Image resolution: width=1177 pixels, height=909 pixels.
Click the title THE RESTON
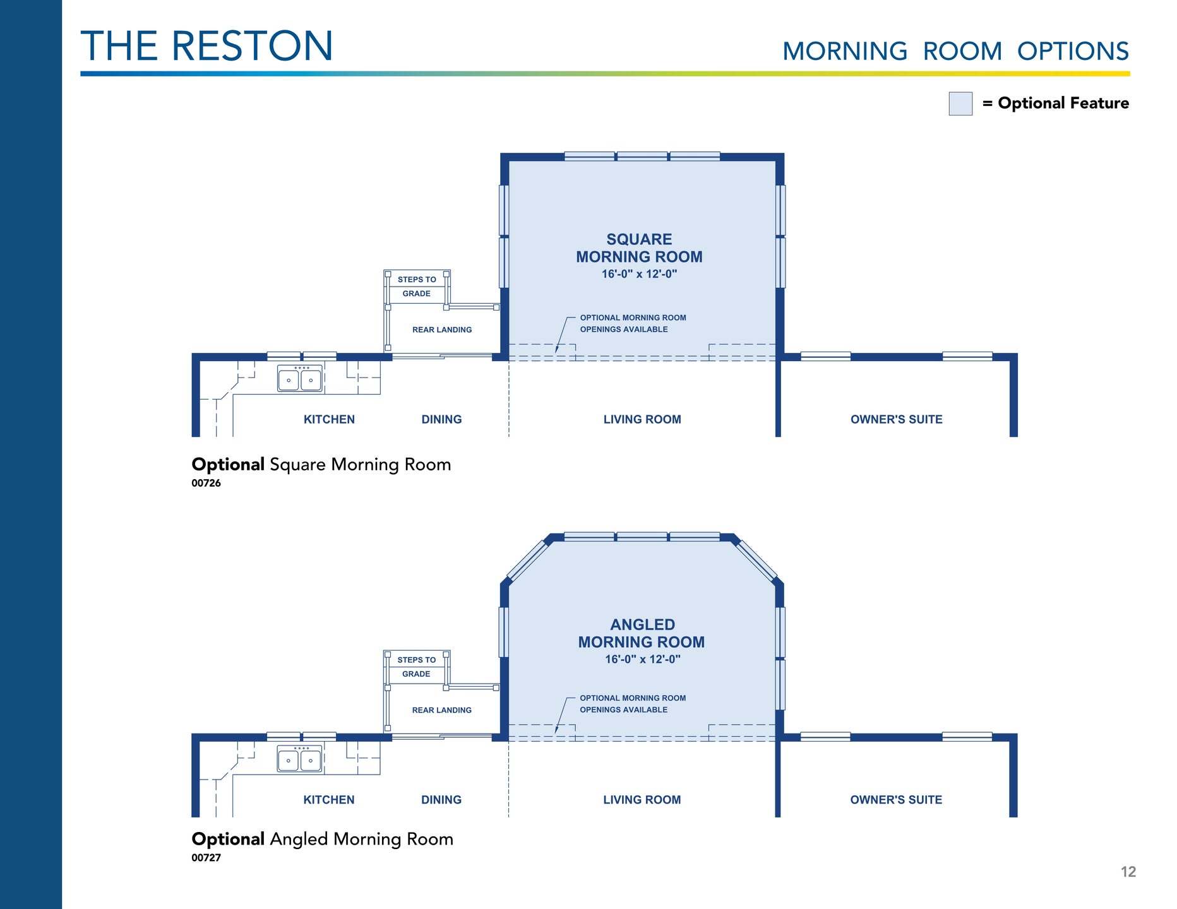206,46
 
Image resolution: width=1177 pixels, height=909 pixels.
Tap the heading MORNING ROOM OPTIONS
955,51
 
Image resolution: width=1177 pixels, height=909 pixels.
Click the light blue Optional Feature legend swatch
960,104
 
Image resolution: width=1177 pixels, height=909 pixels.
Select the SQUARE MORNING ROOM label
639,248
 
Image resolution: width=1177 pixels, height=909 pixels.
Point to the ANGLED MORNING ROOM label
642,633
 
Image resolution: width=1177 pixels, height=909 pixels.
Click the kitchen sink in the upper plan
300,379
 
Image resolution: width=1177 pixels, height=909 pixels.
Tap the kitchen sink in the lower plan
300,759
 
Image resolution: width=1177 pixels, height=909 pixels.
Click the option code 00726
206,484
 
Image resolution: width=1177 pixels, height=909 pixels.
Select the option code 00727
206,858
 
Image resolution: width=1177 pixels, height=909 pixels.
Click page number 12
1128,872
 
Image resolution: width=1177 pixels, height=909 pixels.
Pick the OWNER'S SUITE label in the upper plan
896,420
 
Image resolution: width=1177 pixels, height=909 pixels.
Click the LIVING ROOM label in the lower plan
642,800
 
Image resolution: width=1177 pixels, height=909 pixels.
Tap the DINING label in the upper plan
441,420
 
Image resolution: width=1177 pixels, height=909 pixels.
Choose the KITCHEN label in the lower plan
329,800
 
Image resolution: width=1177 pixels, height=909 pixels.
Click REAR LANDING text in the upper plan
442,330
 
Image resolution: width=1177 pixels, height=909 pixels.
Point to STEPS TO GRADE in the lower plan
417,667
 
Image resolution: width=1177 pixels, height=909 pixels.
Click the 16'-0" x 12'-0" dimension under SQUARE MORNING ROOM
639,274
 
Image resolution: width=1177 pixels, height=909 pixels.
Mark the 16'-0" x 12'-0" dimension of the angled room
642,659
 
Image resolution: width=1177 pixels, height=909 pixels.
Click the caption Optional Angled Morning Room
323,839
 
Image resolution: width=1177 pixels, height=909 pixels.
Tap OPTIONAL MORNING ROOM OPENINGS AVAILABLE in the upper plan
633,323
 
